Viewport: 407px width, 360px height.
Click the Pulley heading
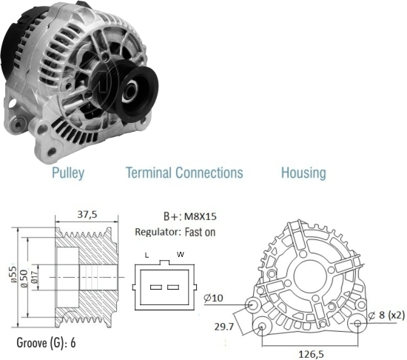(68, 173)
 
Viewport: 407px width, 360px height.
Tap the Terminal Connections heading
(184, 173)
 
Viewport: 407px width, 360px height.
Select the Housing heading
(303, 173)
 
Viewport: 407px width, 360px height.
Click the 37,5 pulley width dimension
(87, 215)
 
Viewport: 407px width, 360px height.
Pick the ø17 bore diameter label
(35, 277)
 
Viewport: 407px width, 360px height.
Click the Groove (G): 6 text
(46, 343)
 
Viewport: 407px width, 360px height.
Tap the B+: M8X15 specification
(190, 216)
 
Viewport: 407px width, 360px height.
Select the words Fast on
(200, 232)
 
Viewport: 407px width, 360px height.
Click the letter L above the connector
(147, 256)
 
